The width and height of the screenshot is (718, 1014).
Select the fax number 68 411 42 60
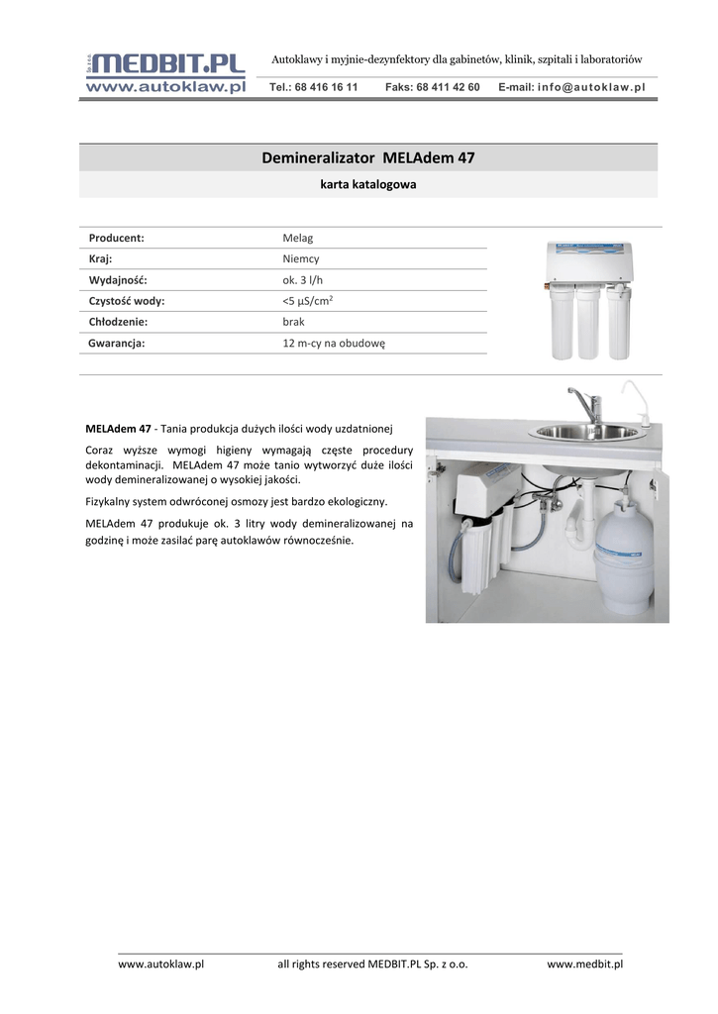tap(432, 87)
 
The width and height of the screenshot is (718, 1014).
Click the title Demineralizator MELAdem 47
tap(367, 157)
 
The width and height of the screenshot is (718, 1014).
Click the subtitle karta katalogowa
tap(367, 184)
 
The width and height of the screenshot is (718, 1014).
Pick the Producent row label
tap(117, 238)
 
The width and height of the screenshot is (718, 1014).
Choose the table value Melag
tap(298, 238)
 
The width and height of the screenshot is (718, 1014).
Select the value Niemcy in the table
tap(301, 258)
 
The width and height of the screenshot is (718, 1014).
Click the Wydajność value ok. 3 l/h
tap(303, 280)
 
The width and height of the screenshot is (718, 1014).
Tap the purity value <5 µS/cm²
tap(308, 301)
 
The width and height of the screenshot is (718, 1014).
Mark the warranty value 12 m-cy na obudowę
tap(333, 343)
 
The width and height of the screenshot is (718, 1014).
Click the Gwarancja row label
tap(117, 343)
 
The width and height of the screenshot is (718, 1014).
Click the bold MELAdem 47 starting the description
tap(118, 429)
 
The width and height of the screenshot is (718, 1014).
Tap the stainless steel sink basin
tap(587, 431)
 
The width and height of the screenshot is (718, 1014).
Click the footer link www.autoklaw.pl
tap(160, 963)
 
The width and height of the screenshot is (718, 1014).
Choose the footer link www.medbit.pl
tap(584, 963)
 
